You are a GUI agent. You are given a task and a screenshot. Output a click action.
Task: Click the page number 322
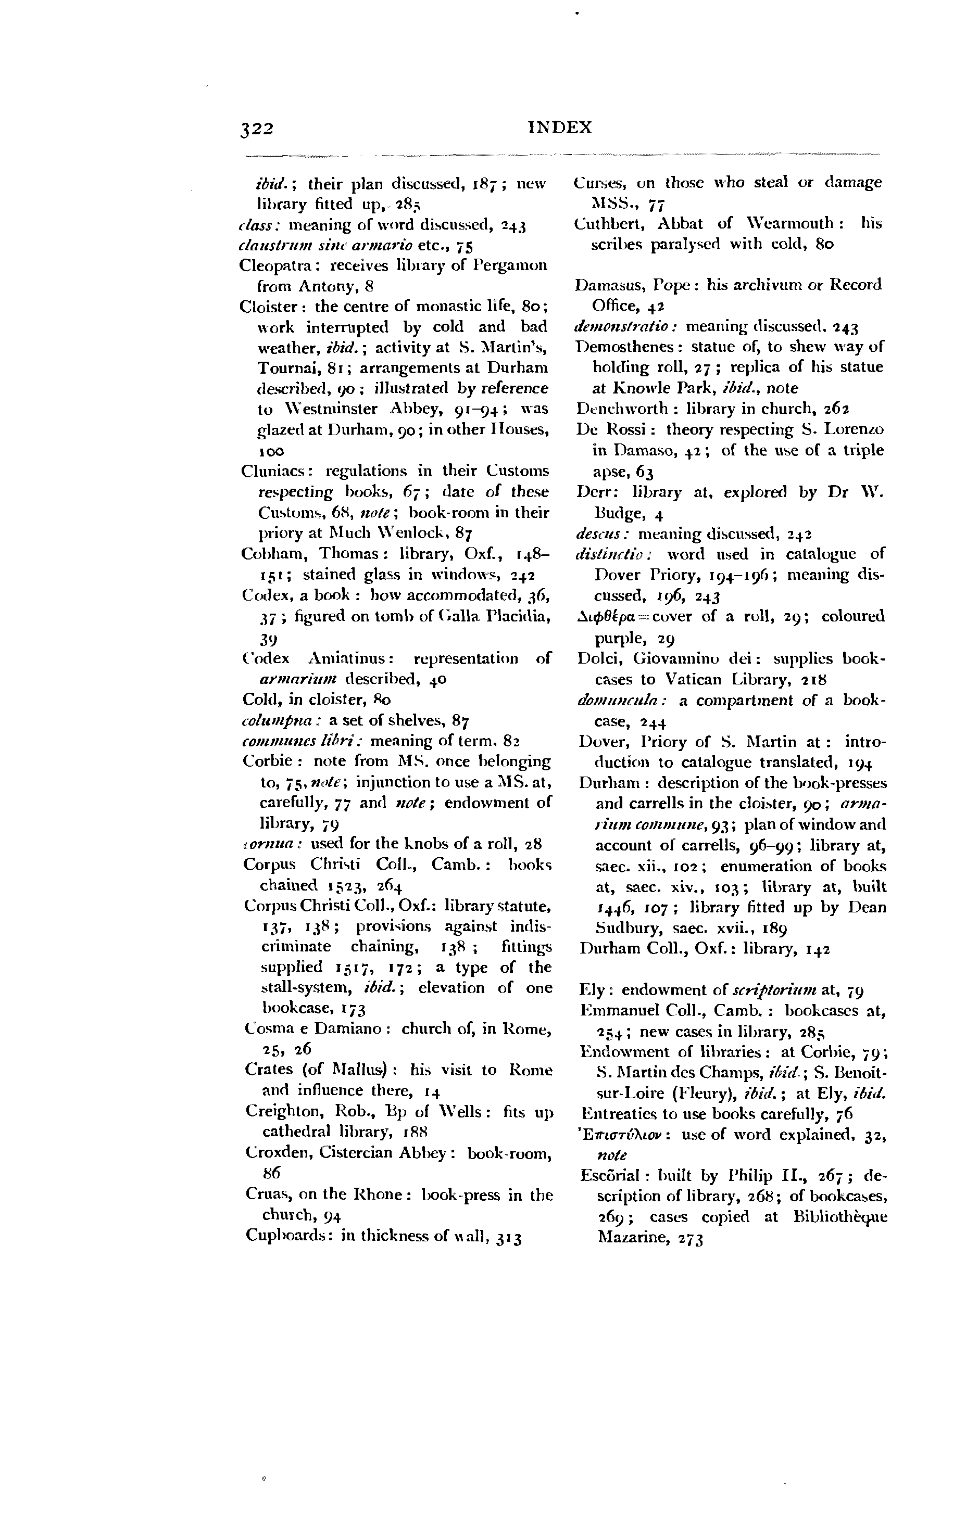pos(256,129)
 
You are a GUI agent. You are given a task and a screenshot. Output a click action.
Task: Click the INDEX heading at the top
pos(559,128)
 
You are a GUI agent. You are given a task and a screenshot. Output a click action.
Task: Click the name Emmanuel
pos(617,1011)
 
